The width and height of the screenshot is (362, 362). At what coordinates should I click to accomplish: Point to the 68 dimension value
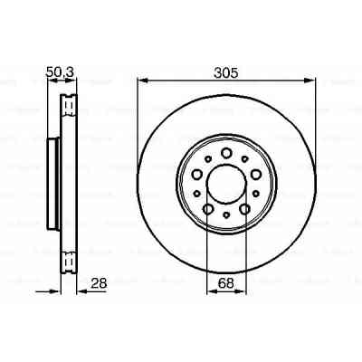226,283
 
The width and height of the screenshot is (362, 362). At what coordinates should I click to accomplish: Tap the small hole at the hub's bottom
225,220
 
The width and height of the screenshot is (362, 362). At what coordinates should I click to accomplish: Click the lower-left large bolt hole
207,211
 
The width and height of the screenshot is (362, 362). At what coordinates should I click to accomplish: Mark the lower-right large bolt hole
244,211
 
